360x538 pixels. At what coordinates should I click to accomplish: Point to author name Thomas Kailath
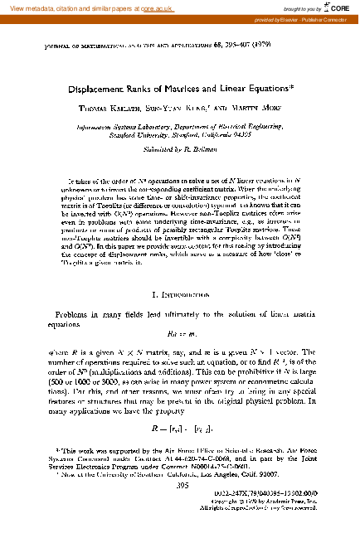(x=108, y=108)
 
